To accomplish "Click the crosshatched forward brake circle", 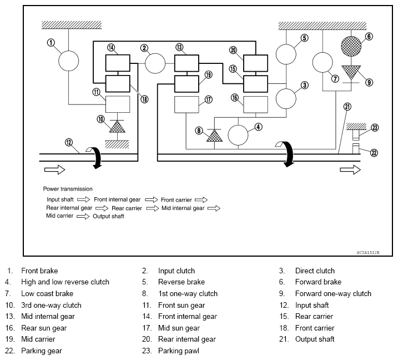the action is click(x=351, y=46).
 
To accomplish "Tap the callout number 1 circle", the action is click(x=51, y=42).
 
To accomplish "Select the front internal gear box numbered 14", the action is click(x=118, y=63).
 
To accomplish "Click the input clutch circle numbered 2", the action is click(x=155, y=63).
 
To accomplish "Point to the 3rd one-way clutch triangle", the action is click(x=117, y=127).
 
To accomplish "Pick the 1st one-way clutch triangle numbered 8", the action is click(x=214, y=136).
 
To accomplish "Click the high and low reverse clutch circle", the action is click(x=238, y=135).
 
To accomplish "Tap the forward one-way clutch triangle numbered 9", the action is click(x=351, y=72).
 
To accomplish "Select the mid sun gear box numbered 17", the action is click(x=187, y=104).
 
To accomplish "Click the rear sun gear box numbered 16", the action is click(x=255, y=104).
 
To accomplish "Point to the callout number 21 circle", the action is click(x=347, y=107).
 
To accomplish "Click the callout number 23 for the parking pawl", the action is click(x=375, y=128).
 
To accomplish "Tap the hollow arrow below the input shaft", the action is click(x=55, y=169).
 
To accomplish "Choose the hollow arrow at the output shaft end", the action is click(x=350, y=169).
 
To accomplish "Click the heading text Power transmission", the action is click(x=68, y=189).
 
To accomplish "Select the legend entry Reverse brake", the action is click(x=181, y=282).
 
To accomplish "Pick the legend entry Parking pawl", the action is click(x=178, y=351).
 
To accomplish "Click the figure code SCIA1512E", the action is click(x=368, y=253).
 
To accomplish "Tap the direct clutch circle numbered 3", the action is click(x=286, y=99).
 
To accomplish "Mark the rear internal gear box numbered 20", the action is click(x=255, y=63).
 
